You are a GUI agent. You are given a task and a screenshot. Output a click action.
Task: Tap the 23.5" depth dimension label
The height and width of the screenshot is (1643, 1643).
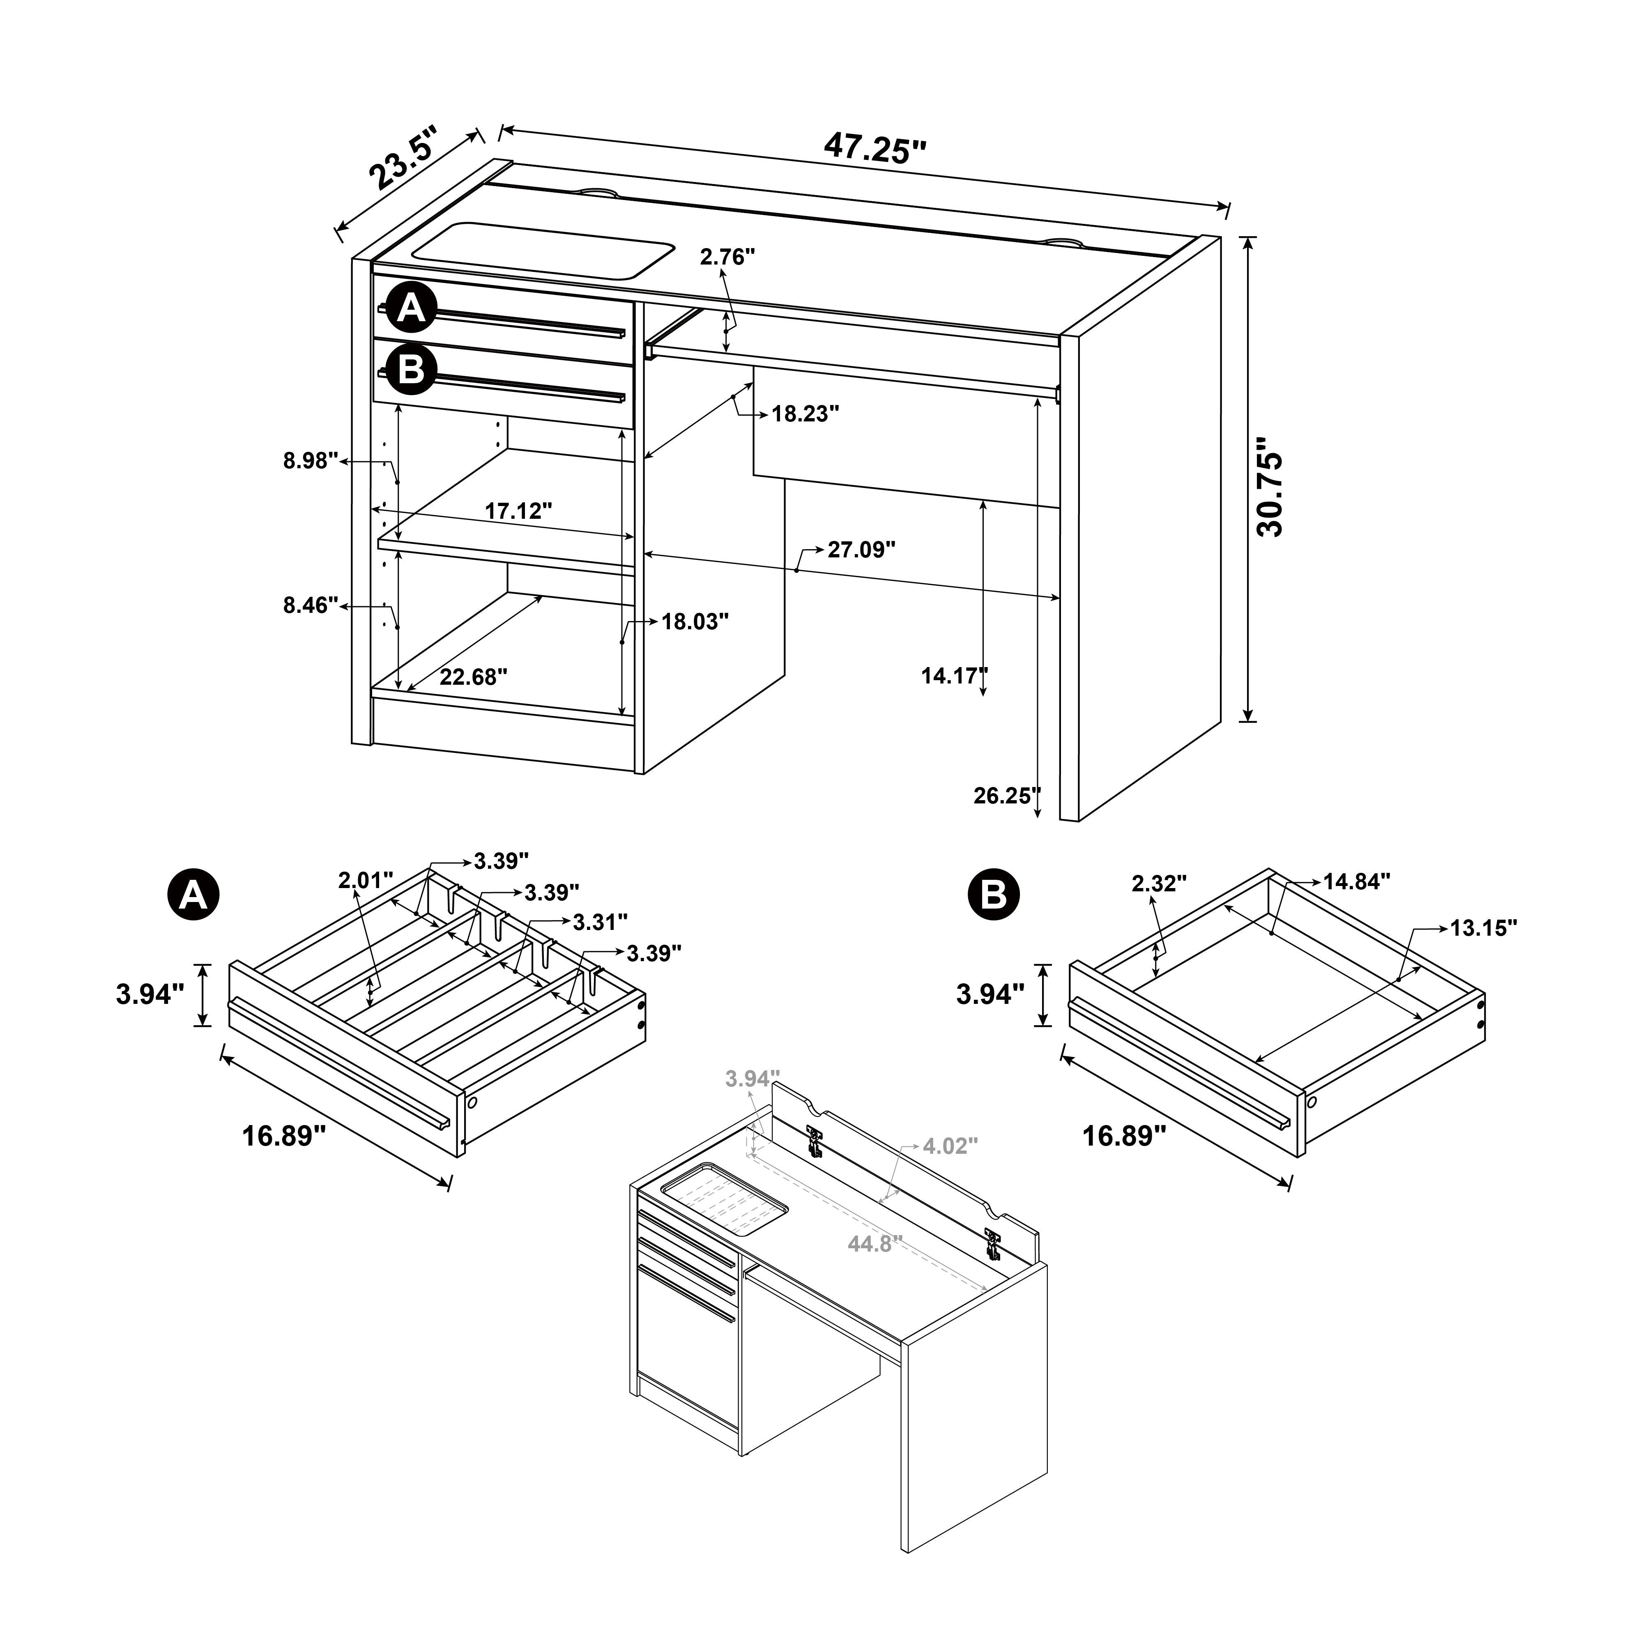coord(404,159)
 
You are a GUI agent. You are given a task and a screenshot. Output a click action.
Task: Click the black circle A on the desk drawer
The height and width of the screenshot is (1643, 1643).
coord(412,308)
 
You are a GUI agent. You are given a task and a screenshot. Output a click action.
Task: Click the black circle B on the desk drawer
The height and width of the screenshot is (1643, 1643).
coord(412,371)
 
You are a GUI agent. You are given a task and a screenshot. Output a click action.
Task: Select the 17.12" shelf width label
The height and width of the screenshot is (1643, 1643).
coord(519,511)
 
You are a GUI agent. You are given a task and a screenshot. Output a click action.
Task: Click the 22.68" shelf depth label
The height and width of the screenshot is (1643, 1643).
coord(474,677)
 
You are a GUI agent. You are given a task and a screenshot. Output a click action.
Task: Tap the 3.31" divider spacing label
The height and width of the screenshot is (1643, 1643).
coord(601,922)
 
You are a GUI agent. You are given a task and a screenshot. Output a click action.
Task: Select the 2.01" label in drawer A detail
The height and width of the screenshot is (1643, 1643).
coord(366,880)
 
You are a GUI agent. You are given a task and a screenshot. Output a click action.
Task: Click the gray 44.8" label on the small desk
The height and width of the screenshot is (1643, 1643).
coord(874,1244)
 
